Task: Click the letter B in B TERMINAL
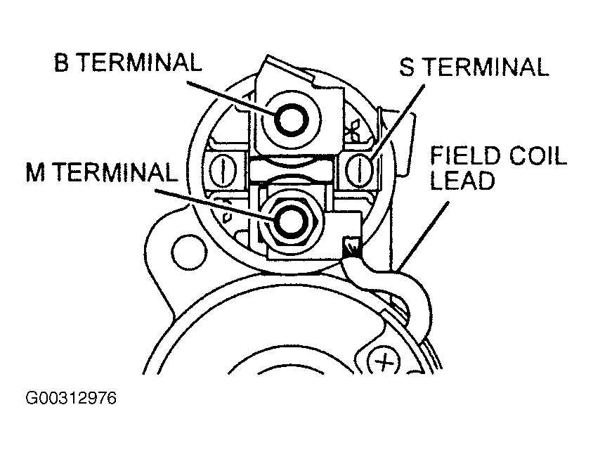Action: pos(61,62)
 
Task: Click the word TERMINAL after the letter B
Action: pos(139,62)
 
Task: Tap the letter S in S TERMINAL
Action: pos(407,67)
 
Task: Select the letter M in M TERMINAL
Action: pos(35,172)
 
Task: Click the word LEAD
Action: pos(462,180)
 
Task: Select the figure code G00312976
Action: pos(71,398)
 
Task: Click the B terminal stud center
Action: pos(292,120)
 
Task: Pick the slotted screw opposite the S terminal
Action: pos(223,170)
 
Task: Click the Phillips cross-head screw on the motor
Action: pos(384,362)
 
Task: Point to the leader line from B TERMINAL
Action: pos(231,97)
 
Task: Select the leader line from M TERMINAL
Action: pos(215,205)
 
